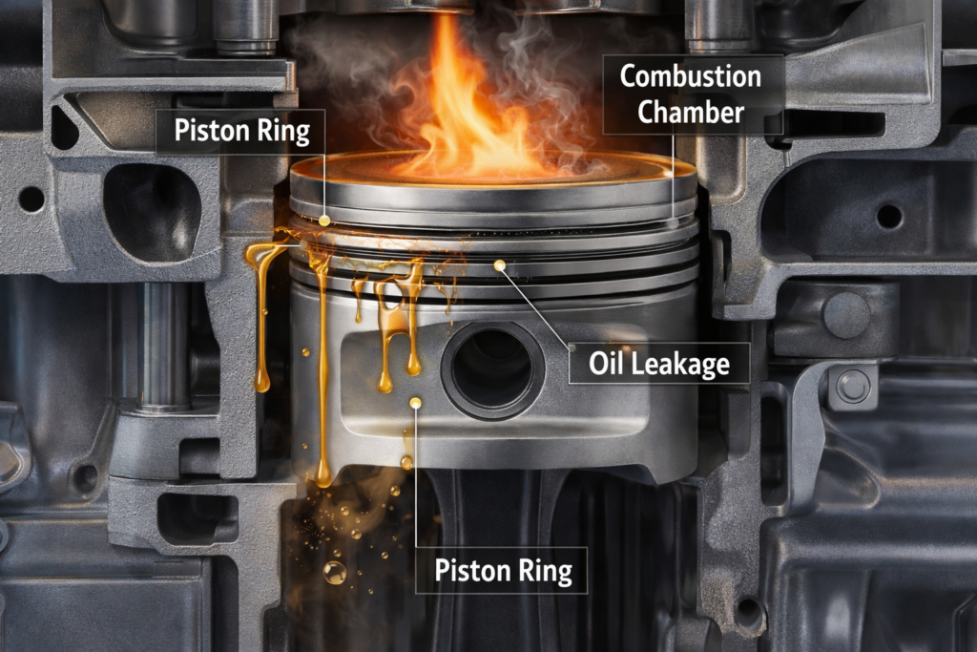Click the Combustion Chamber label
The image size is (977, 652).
point(691,94)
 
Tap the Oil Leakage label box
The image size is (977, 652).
point(659,363)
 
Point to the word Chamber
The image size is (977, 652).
point(691,112)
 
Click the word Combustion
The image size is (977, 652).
point(691,75)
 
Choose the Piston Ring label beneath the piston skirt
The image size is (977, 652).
point(503,571)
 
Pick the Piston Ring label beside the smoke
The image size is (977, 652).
point(241,131)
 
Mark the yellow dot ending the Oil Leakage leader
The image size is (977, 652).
point(498,264)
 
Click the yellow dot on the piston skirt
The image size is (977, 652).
point(416,404)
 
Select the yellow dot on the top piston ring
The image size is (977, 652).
point(324,221)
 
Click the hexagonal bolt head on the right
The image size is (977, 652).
point(853,387)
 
